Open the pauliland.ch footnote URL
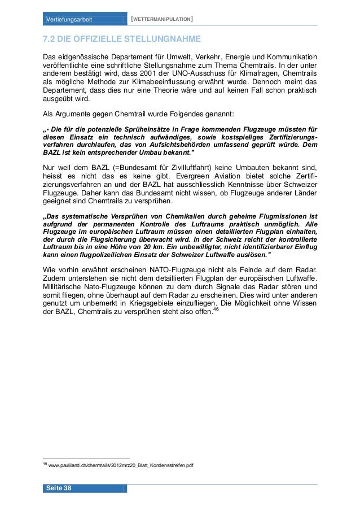coord(121,465)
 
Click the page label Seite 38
coord(59,488)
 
